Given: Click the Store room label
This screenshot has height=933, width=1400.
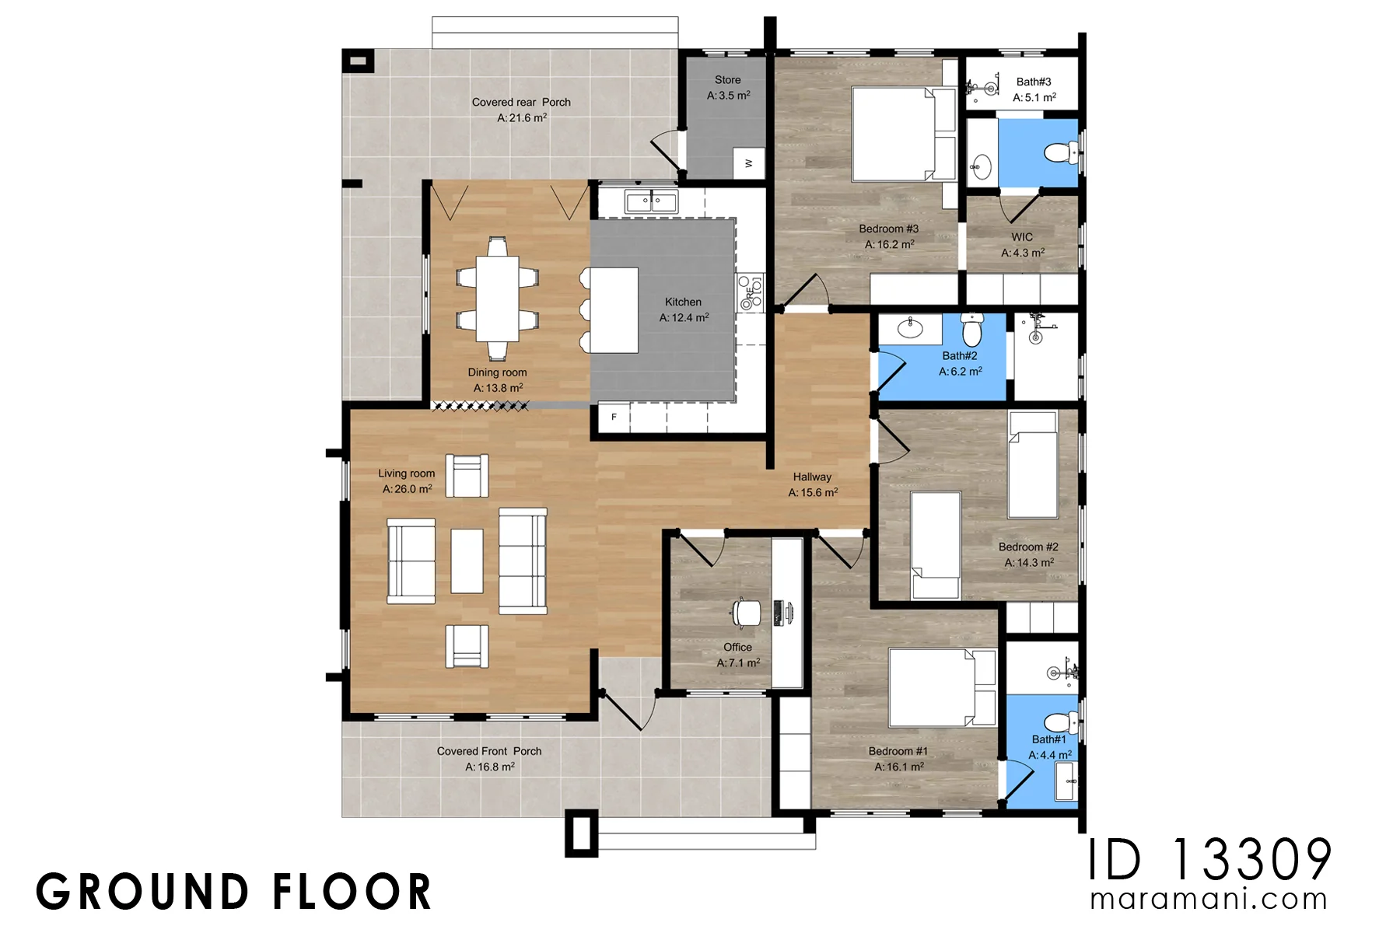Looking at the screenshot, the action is pyautogui.click(x=728, y=80).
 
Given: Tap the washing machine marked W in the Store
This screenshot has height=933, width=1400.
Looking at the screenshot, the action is pyautogui.click(x=749, y=163).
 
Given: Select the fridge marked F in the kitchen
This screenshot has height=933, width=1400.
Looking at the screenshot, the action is pyautogui.click(x=614, y=418).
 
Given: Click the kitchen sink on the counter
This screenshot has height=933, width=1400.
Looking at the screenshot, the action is pyautogui.click(x=651, y=202).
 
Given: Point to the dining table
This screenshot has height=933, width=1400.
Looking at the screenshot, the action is pyautogui.click(x=498, y=299).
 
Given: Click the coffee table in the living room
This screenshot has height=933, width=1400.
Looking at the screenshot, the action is pyautogui.click(x=467, y=561).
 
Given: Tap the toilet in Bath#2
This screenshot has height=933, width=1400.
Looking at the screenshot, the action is pyautogui.click(x=972, y=330).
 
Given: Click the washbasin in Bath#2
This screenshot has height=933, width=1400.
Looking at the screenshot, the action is pyautogui.click(x=910, y=327).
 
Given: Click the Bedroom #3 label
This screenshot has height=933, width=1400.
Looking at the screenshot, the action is pyautogui.click(x=888, y=229).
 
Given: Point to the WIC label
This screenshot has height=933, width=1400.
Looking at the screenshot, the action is pyautogui.click(x=1022, y=237).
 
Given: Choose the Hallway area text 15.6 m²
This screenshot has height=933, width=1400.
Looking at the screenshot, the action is pyautogui.click(x=813, y=492).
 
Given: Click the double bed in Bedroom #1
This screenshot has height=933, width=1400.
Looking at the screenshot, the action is pyautogui.click(x=942, y=687).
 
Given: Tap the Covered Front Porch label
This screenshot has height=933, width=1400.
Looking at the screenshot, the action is pyautogui.click(x=488, y=751).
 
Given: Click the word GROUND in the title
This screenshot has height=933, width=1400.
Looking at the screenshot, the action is pyautogui.click(x=142, y=892).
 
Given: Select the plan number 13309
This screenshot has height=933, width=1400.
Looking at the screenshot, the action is pyautogui.click(x=1252, y=860).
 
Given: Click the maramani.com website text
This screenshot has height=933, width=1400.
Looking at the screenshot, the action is pyautogui.click(x=1209, y=900).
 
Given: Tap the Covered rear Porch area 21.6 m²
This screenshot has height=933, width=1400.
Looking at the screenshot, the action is pyautogui.click(x=522, y=118).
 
